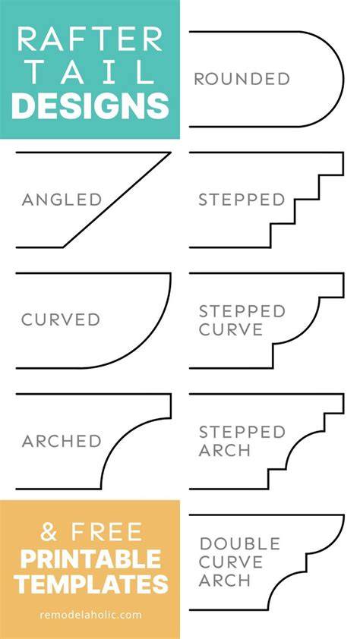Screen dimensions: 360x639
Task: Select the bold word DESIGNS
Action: pyautogui.click(x=90, y=106)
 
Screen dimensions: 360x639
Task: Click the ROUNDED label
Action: pyautogui.click(x=242, y=79)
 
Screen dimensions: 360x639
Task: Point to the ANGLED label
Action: pyautogui.click(x=62, y=200)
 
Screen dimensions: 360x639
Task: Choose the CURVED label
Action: pyautogui.click(x=61, y=320)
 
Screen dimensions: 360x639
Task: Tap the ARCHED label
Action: pyautogui.click(x=62, y=441)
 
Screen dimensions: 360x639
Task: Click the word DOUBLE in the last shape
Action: pyautogui.click(x=240, y=543)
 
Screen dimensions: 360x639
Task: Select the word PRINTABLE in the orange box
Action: pyautogui.click(x=90, y=559)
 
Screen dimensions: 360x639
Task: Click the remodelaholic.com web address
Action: pyautogui.click(x=90, y=615)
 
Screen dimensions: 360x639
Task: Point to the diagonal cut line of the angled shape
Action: pyautogui.click(x=117, y=200)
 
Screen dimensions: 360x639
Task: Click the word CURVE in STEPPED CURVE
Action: pyautogui.click(x=231, y=329)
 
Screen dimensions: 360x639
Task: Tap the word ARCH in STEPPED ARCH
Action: pyautogui.click(x=224, y=450)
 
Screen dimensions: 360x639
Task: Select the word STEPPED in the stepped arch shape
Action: pyautogui.click(x=242, y=432)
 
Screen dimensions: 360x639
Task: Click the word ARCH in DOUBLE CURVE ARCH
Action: pyautogui.click(x=224, y=581)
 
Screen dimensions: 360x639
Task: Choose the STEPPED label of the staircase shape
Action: pyautogui.click(x=242, y=200)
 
